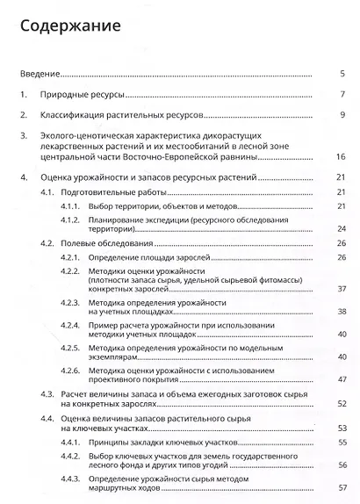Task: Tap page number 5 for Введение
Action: [x=341, y=73]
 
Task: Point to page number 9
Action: [x=341, y=115]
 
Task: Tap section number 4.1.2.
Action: [x=70, y=219]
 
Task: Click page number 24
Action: [x=339, y=228]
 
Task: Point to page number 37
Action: [x=339, y=288]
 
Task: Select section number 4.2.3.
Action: [x=70, y=302]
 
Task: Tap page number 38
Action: [x=339, y=312]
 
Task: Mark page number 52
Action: [x=339, y=406]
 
